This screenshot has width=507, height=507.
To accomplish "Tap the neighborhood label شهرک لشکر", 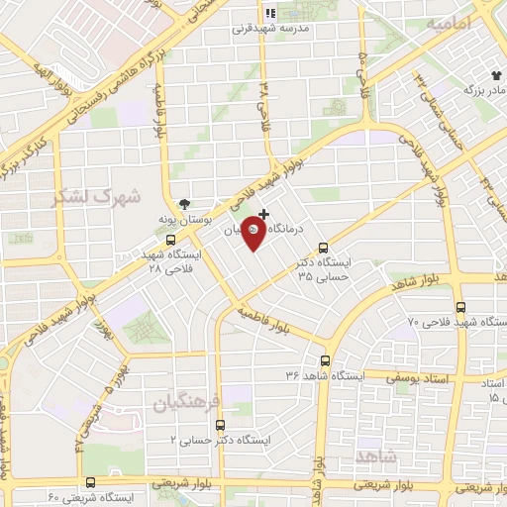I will [96, 196].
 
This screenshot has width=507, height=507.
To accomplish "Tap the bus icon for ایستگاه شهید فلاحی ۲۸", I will [171, 239].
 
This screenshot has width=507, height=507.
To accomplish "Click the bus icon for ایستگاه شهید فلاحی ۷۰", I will [461, 308].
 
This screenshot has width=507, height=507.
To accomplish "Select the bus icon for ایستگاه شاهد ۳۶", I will [326, 361].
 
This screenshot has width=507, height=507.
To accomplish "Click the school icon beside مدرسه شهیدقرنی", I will [268, 13].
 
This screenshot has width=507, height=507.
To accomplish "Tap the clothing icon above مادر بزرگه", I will [496, 74].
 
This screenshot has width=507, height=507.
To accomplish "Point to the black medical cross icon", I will [263, 214].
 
